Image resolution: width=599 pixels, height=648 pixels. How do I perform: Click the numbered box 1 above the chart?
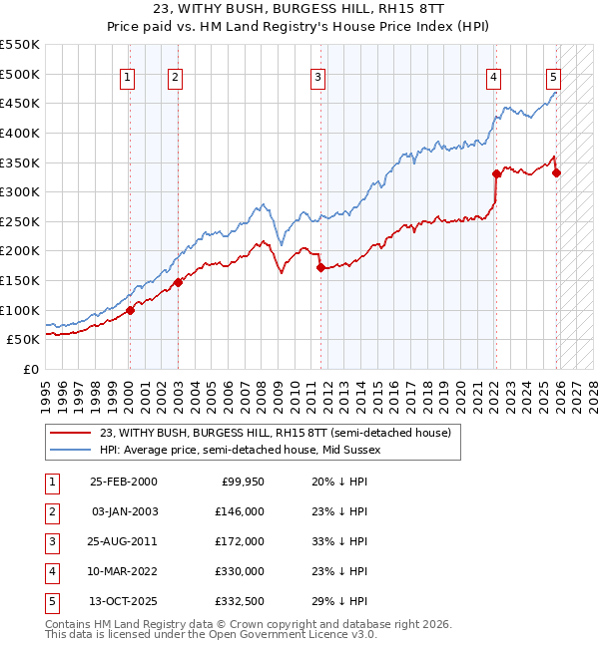[127, 79]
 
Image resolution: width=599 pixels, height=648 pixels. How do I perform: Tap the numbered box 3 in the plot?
[317, 79]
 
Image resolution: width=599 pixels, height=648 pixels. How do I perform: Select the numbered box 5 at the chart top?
[553, 79]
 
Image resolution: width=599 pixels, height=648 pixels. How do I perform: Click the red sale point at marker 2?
[178, 283]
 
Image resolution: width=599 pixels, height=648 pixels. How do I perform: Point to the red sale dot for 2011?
[320, 268]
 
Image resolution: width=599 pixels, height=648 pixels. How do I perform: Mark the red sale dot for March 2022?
[496, 174]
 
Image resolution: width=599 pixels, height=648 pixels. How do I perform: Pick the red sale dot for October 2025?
[556, 173]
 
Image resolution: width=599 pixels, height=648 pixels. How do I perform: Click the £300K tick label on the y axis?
[20, 192]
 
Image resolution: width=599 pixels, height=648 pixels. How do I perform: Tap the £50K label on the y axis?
[23, 340]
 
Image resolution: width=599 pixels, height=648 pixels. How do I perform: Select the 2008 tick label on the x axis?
[262, 397]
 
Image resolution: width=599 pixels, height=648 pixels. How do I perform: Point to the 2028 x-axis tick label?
[593, 397]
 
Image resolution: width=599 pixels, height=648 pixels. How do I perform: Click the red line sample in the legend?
[70, 433]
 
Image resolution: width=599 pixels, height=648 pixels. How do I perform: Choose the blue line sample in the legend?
[70, 450]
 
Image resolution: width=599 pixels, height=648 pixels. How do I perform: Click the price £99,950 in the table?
[243, 483]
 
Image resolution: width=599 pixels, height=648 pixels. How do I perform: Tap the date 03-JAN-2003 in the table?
[125, 512]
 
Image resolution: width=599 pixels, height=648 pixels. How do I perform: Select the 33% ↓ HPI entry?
[339, 541]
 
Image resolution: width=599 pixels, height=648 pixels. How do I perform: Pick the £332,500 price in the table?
[240, 601]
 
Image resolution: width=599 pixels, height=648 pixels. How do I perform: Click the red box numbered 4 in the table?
[52, 572]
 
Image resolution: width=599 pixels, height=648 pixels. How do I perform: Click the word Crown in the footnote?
[248, 624]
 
